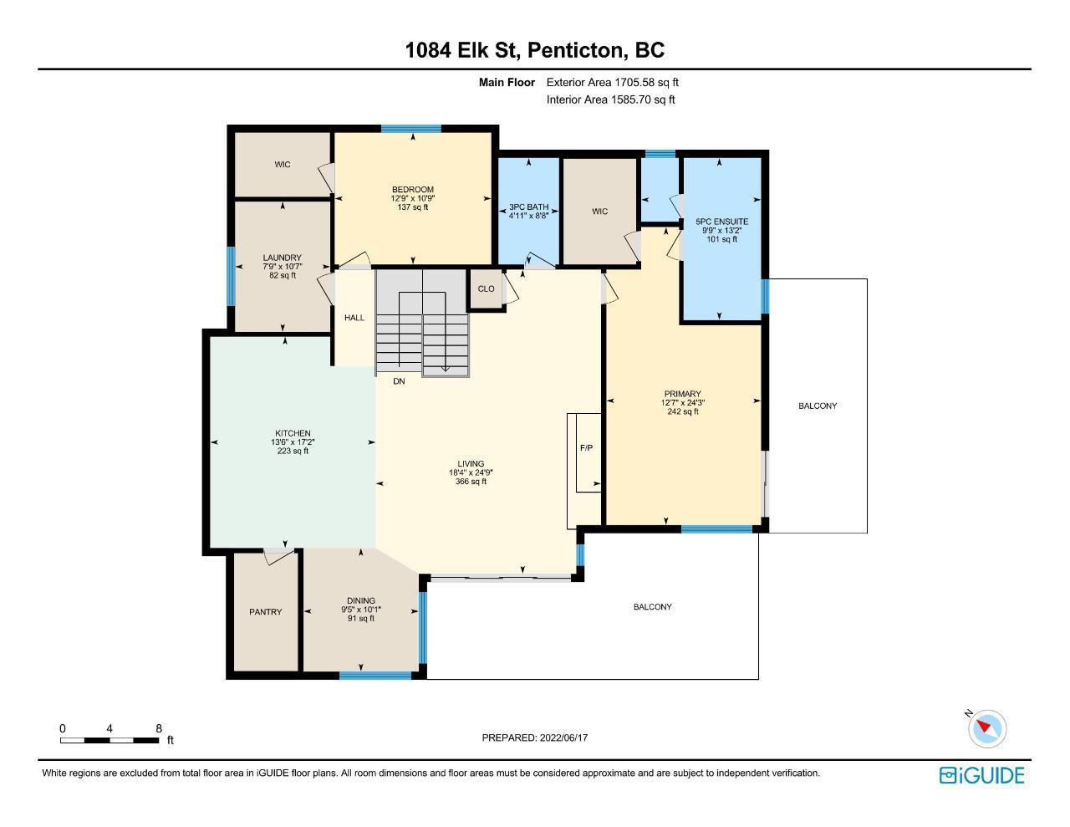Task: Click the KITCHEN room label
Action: (293, 433)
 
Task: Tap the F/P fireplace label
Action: (586, 447)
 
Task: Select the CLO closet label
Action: (486, 288)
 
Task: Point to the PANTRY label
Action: (265, 612)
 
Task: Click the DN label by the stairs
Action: (399, 381)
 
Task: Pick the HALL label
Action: (354, 318)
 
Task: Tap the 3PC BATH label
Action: (528, 207)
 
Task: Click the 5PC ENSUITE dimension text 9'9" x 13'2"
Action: (721, 231)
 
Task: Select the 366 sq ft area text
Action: (471, 481)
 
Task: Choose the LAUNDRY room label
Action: (282, 258)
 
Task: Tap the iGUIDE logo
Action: (981, 775)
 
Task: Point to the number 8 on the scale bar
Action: (159, 728)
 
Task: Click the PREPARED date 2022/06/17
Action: (563, 738)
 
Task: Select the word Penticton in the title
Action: (577, 50)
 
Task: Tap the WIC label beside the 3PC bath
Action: (599, 212)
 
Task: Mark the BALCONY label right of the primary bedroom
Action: (818, 406)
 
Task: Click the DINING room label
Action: (361, 600)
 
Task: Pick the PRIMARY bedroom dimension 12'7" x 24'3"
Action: (682, 402)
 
